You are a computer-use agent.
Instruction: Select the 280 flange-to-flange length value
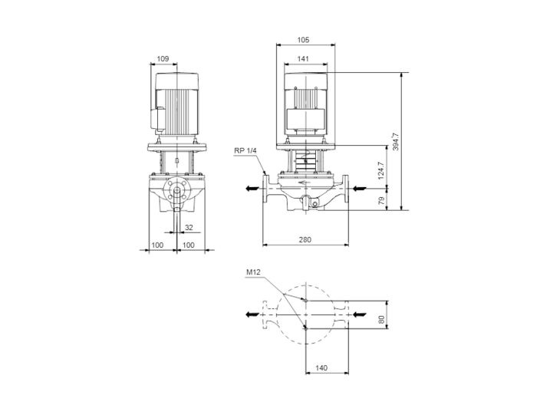[305, 240]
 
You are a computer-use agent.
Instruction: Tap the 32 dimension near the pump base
[189, 227]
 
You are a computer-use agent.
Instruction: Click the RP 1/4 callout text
[245, 150]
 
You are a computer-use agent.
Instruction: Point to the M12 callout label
[253, 272]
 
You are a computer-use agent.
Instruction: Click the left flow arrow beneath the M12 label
[252, 314]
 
